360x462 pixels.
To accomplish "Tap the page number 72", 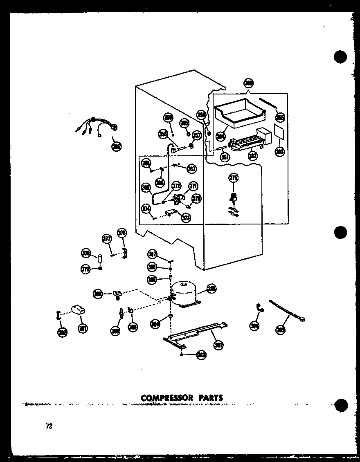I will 49,426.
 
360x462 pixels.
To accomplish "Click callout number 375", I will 233,178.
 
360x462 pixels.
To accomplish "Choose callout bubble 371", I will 192,186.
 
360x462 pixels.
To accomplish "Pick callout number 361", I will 224,156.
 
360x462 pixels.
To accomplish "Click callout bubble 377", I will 107,239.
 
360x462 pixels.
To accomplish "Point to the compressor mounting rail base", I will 196,333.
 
